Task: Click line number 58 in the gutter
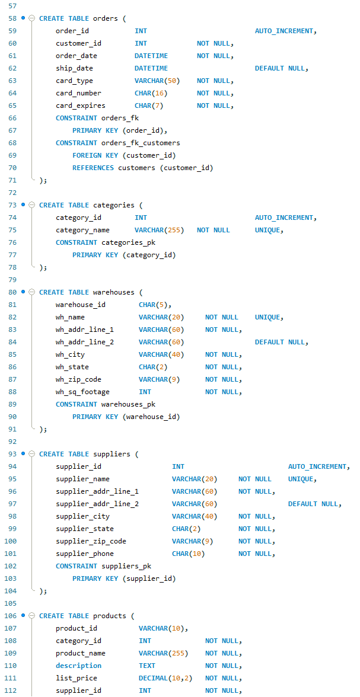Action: point(12,18)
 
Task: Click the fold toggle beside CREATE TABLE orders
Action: point(31,18)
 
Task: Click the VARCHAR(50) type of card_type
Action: point(157,81)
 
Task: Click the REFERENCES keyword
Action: point(93,168)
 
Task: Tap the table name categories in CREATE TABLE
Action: point(114,205)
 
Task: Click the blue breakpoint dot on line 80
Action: point(23,292)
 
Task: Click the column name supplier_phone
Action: point(85,554)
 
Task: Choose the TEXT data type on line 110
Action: point(147,666)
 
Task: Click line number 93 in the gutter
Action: point(12,454)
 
